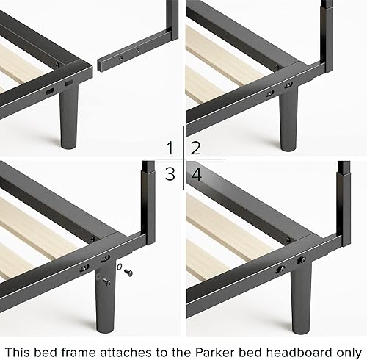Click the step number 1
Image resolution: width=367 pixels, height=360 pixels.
pos(170,148)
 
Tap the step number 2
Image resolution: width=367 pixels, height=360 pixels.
pos(196,148)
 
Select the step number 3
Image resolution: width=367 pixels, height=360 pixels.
pos(170,175)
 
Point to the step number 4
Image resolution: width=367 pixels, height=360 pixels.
pos(196,175)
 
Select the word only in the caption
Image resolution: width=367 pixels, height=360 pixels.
pos(344,342)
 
